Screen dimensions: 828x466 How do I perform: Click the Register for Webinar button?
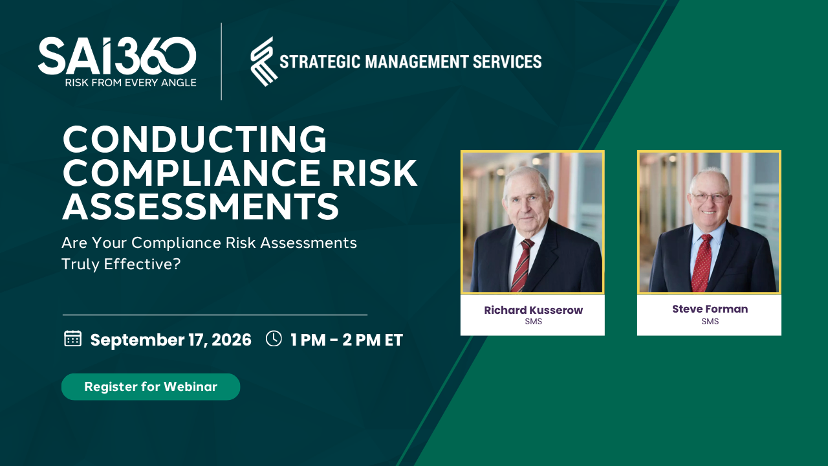click(x=151, y=386)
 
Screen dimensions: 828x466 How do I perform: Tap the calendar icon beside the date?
click(x=73, y=338)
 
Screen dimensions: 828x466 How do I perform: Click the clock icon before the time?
click(x=274, y=338)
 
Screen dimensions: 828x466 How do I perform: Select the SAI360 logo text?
click(x=117, y=56)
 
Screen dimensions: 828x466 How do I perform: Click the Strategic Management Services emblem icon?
click(x=263, y=61)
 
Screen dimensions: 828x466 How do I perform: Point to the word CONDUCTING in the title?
click(x=195, y=139)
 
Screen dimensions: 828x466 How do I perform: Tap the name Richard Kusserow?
click(x=534, y=310)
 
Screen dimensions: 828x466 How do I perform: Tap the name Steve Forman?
click(x=710, y=309)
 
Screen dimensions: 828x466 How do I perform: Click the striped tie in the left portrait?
click(x=522, y=265)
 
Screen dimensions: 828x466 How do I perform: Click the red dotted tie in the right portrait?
click(x=702, y=263)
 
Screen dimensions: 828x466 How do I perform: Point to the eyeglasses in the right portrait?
click(x=710, y=197)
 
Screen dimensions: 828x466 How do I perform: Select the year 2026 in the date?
click(x=232, y=340)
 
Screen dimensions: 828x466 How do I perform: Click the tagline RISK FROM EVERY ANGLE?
click(x=131, y=82)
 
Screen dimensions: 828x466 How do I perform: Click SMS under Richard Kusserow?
click(x=534, y=322)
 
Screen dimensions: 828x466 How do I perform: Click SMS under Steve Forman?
click(x=710, y=322)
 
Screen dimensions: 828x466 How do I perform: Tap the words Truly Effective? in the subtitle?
click(x=121, y=264)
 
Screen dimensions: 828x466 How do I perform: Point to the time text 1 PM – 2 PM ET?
click(x=346, y=340)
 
